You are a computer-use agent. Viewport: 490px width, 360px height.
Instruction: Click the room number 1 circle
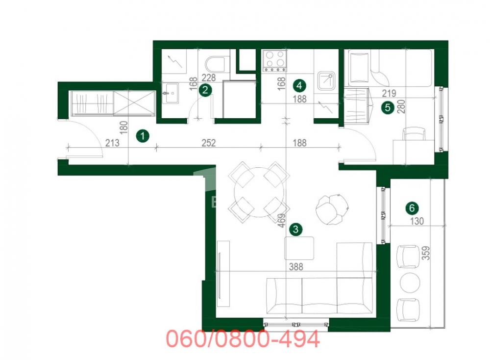pyautogui.click(x=142, y=136)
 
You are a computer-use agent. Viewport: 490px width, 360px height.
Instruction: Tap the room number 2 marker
pyautogui.click(x=206, y=89)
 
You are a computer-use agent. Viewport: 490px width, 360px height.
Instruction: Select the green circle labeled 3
pyautogui.click(x=295, y=228)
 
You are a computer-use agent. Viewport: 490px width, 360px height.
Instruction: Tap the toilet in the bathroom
pyautogui.click(x=216, y=65)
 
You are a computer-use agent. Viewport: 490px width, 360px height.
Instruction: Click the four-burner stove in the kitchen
pyautogui.click(x=274, y=60)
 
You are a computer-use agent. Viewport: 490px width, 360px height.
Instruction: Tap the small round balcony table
pyautogui.click(x=410, y=283)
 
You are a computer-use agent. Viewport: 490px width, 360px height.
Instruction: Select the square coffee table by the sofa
pyautogui.click(x=299, y=248)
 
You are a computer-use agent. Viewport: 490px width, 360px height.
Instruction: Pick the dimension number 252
pyautogui.click(x=208, y=143)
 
